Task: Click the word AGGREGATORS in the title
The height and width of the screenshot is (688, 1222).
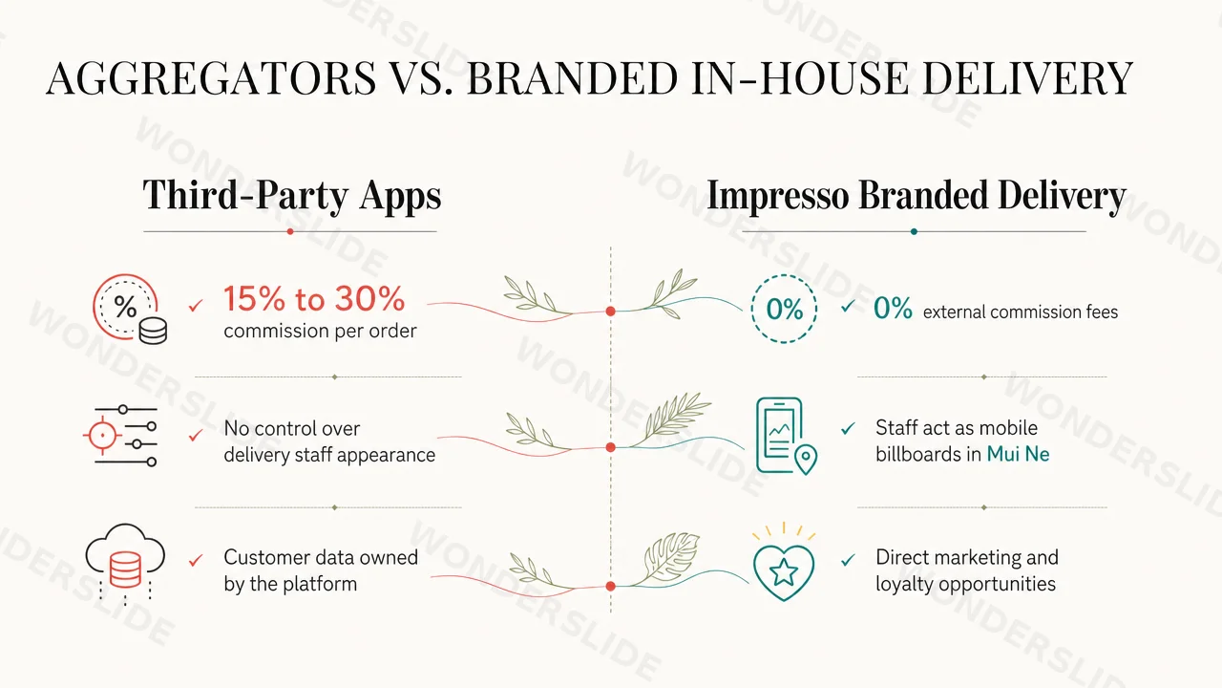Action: pos(212,78)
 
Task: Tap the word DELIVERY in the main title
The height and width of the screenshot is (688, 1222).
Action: pos(1028,78)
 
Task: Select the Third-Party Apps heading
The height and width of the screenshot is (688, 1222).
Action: pos(292,196)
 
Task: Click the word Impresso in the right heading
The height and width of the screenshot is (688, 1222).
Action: pos(778,196)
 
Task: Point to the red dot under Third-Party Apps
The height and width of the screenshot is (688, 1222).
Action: pos(290,231)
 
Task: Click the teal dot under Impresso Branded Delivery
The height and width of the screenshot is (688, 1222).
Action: pos(914,231)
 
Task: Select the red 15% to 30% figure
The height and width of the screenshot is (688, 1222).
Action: pos(314,299)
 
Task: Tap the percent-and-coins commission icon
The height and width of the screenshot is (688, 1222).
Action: pos(130,309)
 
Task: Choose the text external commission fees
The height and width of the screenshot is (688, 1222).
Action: pos(1021,312)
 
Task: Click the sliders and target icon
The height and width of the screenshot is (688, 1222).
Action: pos(120,436)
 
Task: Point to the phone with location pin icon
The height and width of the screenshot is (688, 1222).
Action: pos(786,435)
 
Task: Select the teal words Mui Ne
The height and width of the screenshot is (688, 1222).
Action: pos(1018,454)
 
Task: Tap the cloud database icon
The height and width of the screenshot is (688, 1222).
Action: pos(125,564)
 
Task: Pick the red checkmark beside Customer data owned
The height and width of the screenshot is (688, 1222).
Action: pos(196,560)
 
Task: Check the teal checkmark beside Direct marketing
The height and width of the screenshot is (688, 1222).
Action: pos(848,560)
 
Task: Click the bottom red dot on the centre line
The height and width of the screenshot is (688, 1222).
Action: pos(610,586)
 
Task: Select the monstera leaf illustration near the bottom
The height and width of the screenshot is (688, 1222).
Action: pos(669,558)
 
